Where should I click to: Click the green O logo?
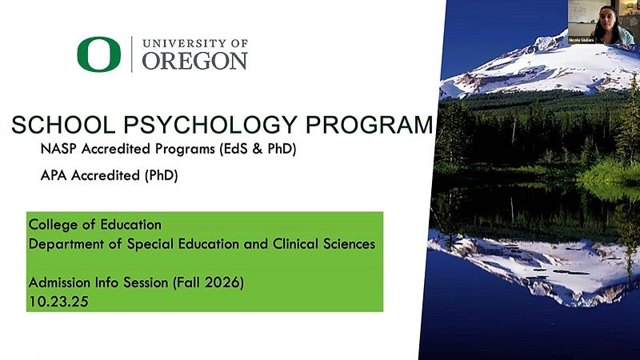coord(98,54)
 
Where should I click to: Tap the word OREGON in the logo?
coord(194,61)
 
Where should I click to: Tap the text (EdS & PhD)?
coord(254,149)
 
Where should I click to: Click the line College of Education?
coord(94,224)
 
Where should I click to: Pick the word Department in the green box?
coord(63,243)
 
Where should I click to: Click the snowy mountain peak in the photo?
coord(552,60)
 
